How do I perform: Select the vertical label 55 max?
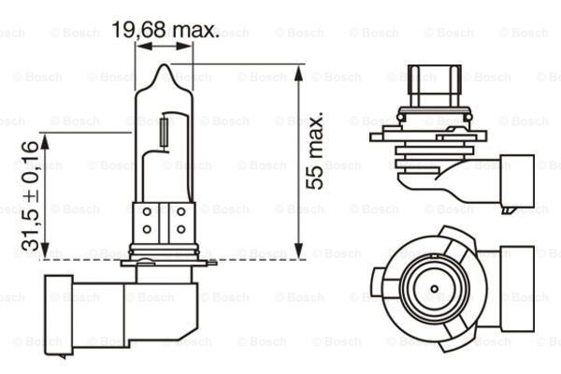pos(319,152)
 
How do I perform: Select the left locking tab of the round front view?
pos(382,280)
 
